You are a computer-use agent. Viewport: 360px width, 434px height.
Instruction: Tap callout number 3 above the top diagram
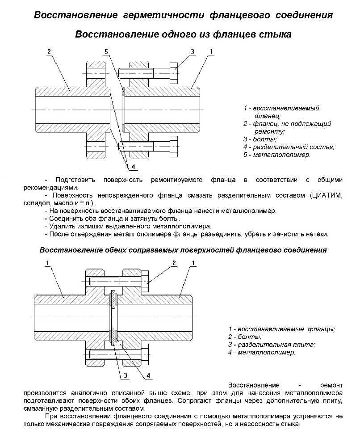pyautogui.click(x=193, y=52)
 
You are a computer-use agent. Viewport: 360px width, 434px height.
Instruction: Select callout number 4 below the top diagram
pyautogui.click(x=133, y=167)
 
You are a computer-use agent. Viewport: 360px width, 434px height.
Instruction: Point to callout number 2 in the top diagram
pyautogui.click(x=48, y=51)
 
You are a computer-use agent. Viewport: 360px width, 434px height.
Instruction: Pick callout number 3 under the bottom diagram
pyautogui.click(x=126, y=375)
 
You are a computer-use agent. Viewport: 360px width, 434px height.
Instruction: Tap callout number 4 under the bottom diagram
pyautogui.click(x=148, y=375)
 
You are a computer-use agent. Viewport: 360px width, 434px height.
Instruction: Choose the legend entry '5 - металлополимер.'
pyautogui.click(x=276, y=155)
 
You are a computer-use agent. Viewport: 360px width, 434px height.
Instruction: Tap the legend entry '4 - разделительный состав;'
pyautogui.click(x=289, y=147)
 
